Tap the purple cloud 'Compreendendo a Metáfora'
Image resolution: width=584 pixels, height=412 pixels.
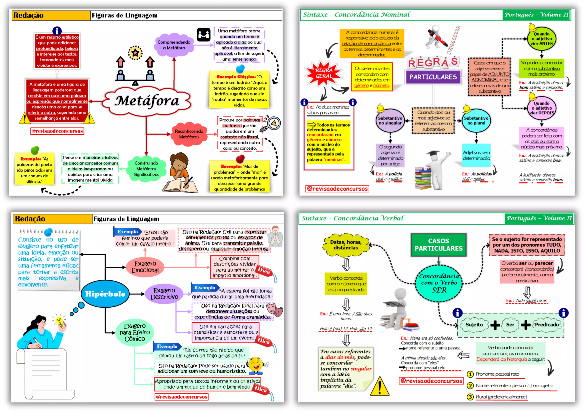coord(174,45)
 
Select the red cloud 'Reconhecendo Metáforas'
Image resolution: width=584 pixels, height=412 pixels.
coord(189,134)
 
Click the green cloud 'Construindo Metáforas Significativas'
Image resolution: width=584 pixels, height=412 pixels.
coord(146,168)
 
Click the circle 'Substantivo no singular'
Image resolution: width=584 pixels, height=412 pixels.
coord(390,121)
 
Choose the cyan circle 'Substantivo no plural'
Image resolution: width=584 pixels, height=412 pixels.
coord(476,121)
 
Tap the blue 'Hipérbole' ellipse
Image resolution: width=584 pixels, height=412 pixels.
coord(105,294)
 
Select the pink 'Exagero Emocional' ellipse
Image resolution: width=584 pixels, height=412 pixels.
coord(145,267)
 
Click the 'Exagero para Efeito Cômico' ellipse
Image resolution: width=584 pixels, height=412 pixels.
coord(135,332)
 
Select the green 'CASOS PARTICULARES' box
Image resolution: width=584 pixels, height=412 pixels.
coord(438,245)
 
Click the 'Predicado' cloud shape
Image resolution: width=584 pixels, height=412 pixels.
coord(547,325)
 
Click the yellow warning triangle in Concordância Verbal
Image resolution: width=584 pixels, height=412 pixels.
coord(379,387)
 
